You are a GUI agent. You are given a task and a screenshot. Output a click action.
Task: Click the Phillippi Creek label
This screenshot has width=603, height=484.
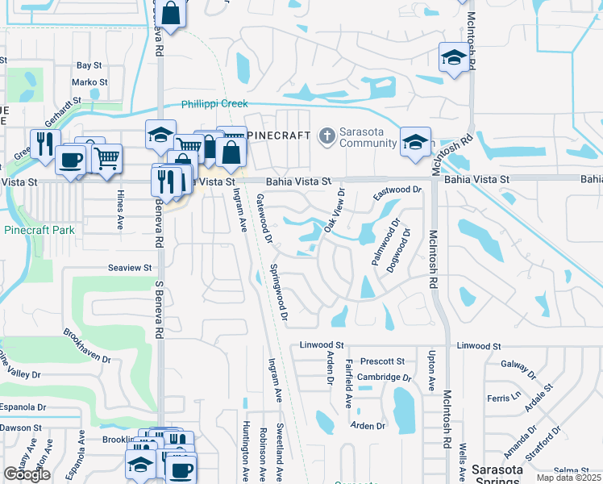tap(214, 104)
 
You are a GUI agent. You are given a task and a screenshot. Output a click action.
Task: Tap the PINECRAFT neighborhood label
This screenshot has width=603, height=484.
tap(278, 136)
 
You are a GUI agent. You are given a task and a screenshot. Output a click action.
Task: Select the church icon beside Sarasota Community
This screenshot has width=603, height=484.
tap(326, 135)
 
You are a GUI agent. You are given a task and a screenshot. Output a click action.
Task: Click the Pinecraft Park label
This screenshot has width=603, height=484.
tap(38, 230)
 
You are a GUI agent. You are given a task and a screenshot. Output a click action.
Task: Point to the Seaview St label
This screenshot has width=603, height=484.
tap(131, 267)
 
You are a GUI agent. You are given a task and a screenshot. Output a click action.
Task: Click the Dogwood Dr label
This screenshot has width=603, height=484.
tap(402, 251)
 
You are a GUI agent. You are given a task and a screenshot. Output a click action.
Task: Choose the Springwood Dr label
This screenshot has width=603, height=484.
tap(279, 291)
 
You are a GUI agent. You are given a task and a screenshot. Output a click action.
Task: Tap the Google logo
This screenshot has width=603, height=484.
tap(27, 474)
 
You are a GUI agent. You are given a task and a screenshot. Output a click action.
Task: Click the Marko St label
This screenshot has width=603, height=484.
tap(89, 82)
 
